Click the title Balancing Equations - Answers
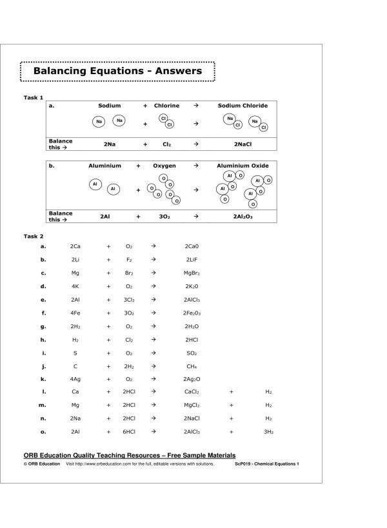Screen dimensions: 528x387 pyautogui.click(x=117, y=70)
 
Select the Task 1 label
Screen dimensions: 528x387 pyautogui.click(x=34, y=97)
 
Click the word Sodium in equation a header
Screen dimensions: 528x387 pyautogui.click(x=109, y=105)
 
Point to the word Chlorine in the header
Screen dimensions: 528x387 pyautogui.click(x=166, y=105)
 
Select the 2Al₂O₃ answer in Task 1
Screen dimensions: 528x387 pyautogui.click(x=243, y=217)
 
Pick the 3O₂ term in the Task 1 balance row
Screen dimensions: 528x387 pyautogui.click(x=164, y=217)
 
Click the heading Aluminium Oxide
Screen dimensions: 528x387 pyautogui.click(x=243, y=166)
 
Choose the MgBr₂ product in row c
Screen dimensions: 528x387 pyautogui.click(x=192, y=273)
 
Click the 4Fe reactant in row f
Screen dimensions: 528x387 pyautogui.click(x=75, y=313)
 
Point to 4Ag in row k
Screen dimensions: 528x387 pyautogui.click(x=75, y=379)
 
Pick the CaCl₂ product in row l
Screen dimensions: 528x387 pyautogui.click(x=192, y=392)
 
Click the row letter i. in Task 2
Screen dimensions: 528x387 pyautogui.click(x=43, y=353)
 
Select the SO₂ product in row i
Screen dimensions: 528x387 pyautogui.click(x=192, y=353)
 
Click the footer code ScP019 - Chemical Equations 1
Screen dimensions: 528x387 pyautogui.click(x=266, y=464)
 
